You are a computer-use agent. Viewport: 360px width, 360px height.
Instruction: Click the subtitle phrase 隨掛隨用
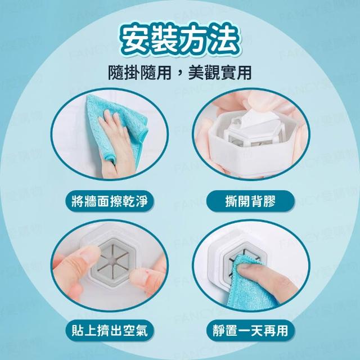tap(139, 73)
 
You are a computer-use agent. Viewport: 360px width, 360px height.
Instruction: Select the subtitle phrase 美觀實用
tap(220, 73)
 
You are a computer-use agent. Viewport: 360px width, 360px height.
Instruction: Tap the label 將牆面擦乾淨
tap(110, 201)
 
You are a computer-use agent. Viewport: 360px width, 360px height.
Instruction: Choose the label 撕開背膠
tap(250, 201)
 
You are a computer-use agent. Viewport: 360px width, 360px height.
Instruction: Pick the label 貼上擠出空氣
tap(110, 331)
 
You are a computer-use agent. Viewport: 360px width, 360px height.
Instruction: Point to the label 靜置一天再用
tap(250, 331)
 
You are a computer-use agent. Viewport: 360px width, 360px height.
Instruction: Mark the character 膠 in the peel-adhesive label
tap(269, 201)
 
